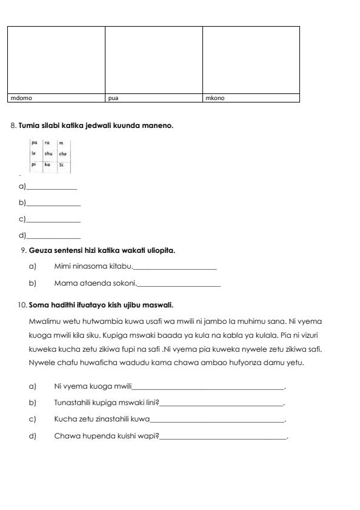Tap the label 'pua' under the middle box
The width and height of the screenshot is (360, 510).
113,98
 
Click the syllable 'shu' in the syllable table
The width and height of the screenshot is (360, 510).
49,154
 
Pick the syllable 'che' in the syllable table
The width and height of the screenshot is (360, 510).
62,154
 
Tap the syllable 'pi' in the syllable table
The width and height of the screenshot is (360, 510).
34,164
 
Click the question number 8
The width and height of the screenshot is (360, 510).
13,126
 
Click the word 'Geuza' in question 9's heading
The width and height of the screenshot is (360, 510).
40,250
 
